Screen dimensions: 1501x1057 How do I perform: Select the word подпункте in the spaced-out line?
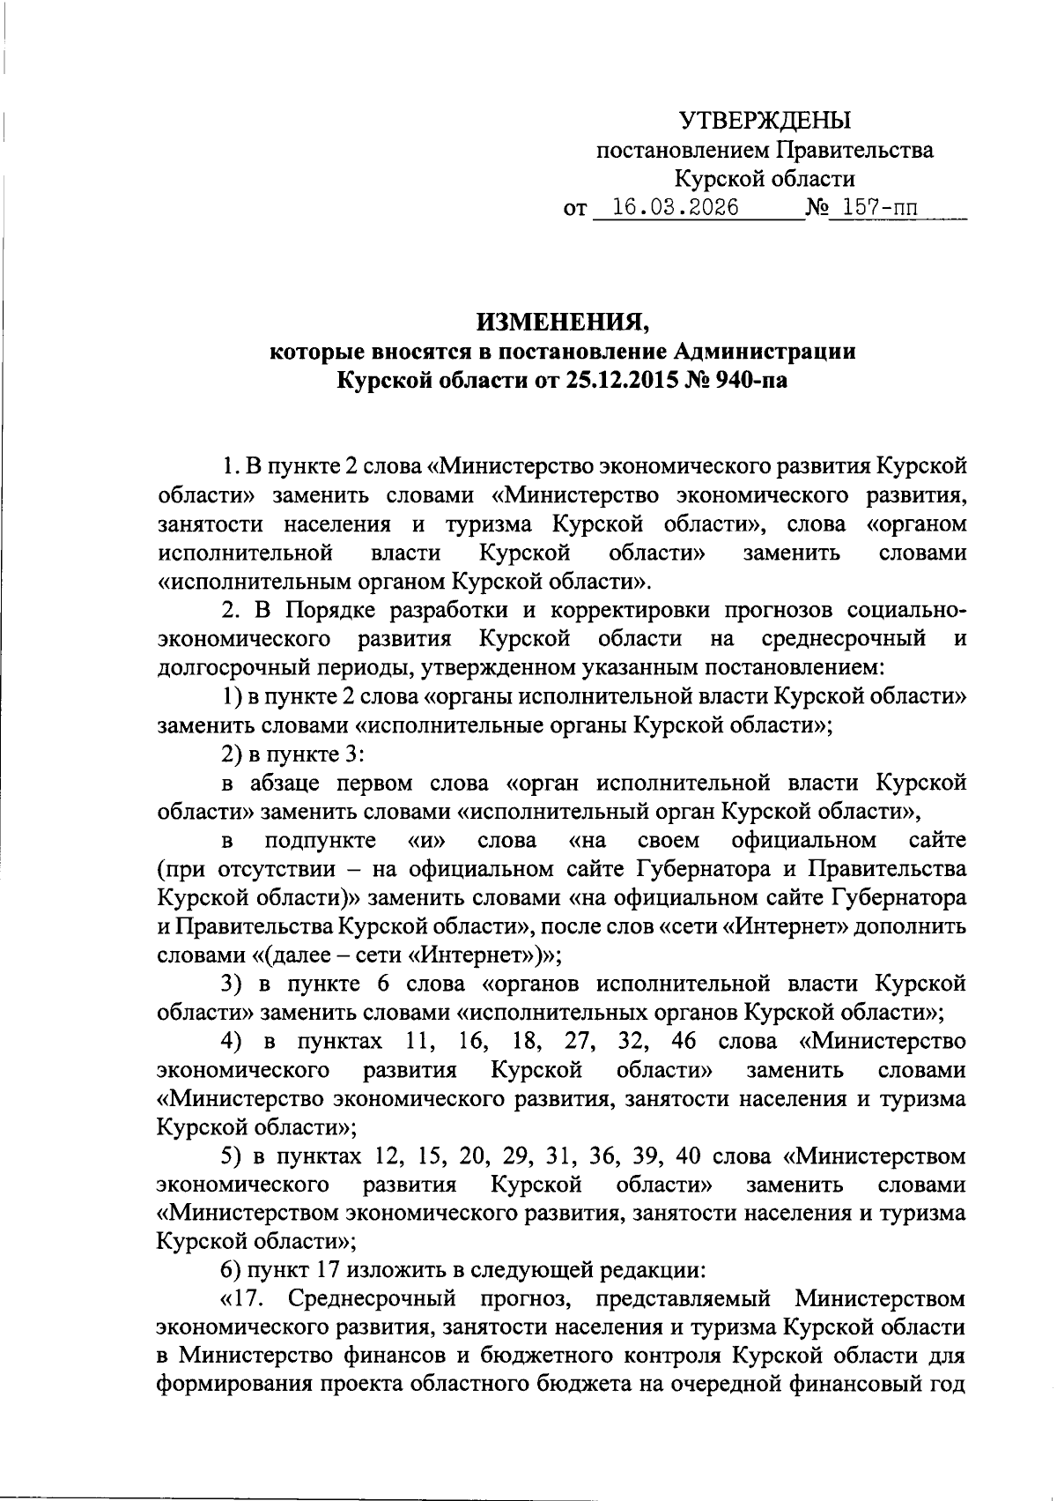pyautogui.click(x=321, y=839)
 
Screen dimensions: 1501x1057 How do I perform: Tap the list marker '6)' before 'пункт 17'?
pyautogui.click(x=232, y=1270)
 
